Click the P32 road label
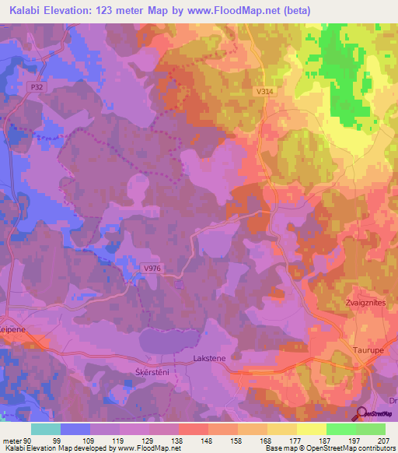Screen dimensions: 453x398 pyautogui.click(x=37, y=88)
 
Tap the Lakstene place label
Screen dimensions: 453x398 pyautogui.click(x=208, y=360)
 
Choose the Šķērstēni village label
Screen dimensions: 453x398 pyautogui.click(x=142, y=373)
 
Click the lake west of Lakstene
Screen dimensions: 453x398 pyautogui.click(x=166, y=340)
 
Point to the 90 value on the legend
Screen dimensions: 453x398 pyautogui.click(x=30, y=440)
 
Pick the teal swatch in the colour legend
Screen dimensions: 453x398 pyautogui.click(x=45, y=429)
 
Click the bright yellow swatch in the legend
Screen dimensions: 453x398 pyautogui.click(x=312, y=429)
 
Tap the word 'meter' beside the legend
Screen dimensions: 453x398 pyautogui.click(x=12, y=440)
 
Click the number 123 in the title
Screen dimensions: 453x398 pyautogui.click(x=106, y=10)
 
